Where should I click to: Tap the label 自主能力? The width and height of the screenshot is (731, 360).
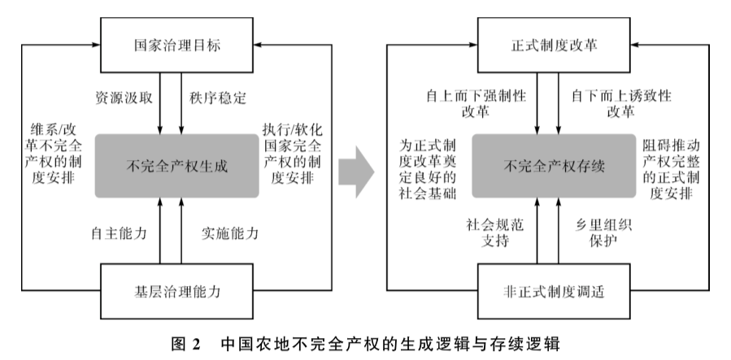pos(120,234)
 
